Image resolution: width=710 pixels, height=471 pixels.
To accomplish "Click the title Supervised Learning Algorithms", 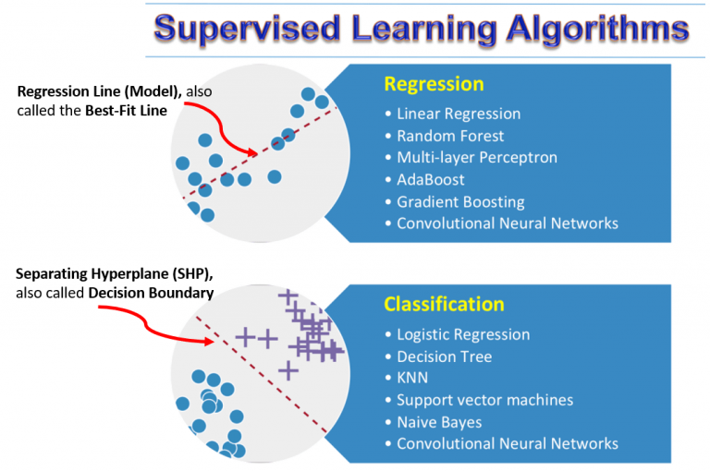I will click(421, 27).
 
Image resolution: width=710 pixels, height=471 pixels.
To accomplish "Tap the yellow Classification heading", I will click(444, 304).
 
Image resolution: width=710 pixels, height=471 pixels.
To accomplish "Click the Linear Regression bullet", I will click(458, 114).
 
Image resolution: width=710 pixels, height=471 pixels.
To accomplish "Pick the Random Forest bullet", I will click(450, 136).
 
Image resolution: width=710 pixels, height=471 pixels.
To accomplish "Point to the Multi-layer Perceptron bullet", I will click(476, 157).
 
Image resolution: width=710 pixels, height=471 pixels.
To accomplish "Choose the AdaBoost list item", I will click(430, 179).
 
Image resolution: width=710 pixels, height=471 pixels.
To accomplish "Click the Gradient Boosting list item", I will click(460, 201).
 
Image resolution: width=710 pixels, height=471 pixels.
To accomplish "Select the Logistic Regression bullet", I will click(462, 334).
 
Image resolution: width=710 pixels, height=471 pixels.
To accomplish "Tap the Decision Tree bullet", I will click(444, 356).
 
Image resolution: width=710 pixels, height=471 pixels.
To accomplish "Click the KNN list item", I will click(412, 378).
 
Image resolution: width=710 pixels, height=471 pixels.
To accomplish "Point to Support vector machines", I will click(484, 400).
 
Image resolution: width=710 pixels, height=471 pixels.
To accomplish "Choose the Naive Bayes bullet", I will click(439, 422).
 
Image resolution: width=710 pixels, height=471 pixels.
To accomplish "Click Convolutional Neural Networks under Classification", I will click(507, 444).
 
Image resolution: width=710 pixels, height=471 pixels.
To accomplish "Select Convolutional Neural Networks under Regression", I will click(507, 223).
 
